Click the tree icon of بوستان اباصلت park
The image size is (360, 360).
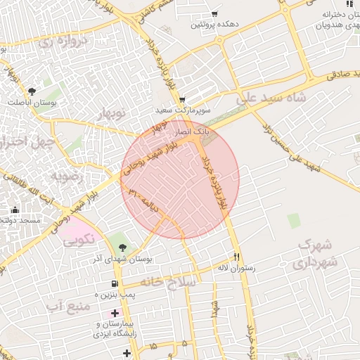click(x=32, y=91)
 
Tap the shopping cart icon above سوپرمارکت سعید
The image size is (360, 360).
click(x=182, y=99)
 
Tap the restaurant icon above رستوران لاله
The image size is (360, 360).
click(x=237, y=257)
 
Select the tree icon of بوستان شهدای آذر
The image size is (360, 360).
click(x=123, y=247)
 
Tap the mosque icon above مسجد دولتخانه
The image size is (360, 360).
click(x=15, y=210)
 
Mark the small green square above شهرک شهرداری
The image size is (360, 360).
click(x=294, y=221)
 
